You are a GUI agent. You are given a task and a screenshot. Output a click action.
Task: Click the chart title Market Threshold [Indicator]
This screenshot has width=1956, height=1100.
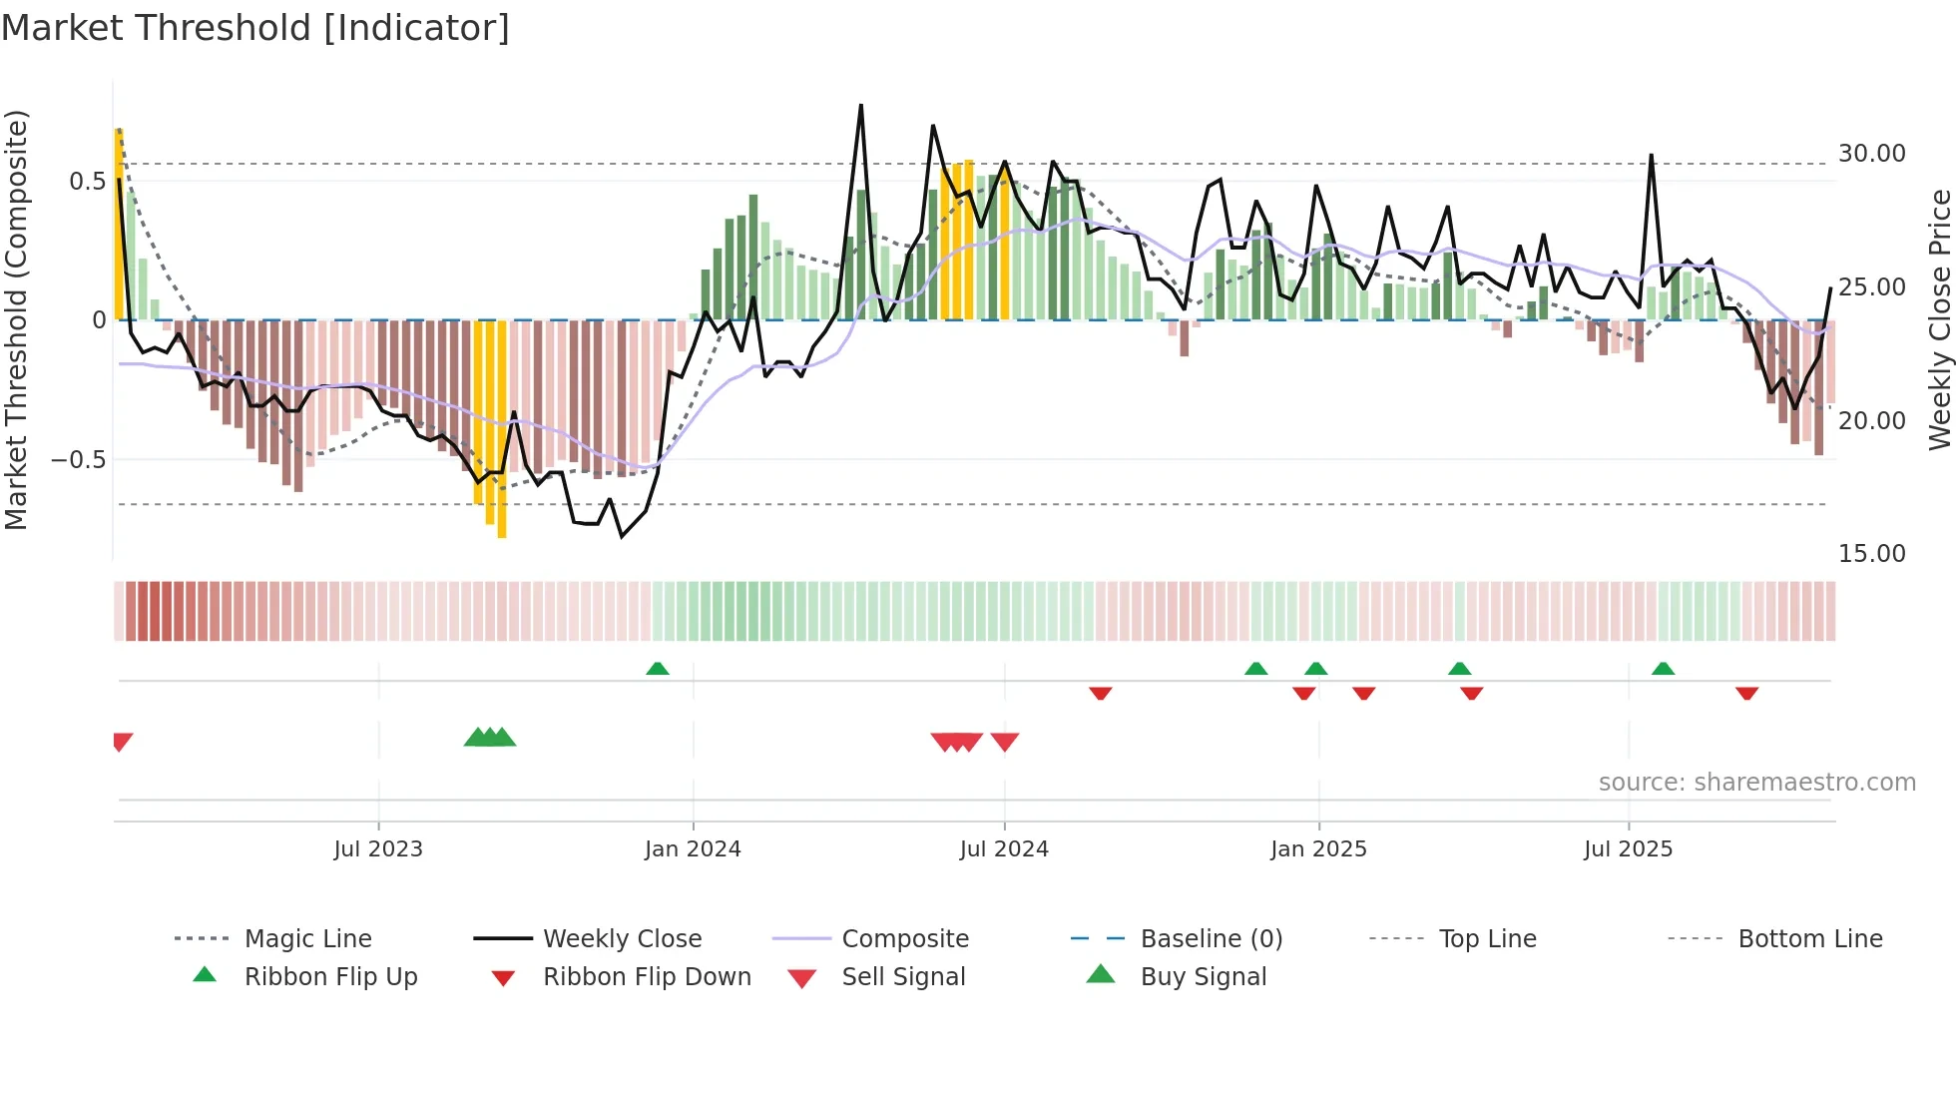click(255, 28)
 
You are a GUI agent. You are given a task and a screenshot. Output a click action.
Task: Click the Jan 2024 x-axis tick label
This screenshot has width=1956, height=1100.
click(693, 849)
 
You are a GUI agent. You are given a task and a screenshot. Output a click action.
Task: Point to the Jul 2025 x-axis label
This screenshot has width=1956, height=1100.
click(1628, 849)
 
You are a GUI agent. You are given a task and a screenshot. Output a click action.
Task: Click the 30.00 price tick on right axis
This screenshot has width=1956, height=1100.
click(1871, 154)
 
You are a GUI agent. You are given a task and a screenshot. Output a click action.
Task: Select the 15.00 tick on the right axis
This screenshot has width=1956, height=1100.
click(1871, 554)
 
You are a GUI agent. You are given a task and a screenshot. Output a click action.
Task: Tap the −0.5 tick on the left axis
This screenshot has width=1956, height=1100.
click(78, 460)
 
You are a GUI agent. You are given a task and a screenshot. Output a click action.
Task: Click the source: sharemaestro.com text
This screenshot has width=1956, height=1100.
click(1756, 783)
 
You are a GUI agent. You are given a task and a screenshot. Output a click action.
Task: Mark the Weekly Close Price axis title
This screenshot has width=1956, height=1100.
click(1939, 319)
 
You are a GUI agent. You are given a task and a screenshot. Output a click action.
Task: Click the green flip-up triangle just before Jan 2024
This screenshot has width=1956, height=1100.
click(658, 669)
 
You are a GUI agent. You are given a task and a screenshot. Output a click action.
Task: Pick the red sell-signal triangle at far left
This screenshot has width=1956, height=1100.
click(122, 742)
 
